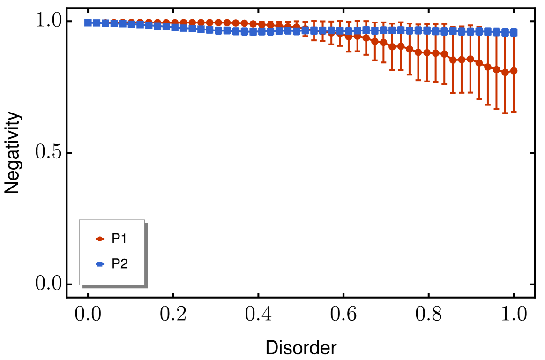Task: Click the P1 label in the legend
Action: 119,239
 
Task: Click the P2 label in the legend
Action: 119,264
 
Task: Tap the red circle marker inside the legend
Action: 99,239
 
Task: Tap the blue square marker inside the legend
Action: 99,264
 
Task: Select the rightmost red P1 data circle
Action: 514,71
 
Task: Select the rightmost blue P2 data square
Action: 514,32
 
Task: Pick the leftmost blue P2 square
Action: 88,22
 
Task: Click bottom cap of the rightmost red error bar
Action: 514,112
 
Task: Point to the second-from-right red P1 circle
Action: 505,72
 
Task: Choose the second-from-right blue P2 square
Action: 505,32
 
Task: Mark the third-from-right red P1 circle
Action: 496,69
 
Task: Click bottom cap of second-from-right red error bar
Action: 505,113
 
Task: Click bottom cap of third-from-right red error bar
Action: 496,109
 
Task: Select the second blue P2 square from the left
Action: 97,22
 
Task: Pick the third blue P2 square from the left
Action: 105,22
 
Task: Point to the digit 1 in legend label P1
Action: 124,239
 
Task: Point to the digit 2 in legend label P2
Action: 124,264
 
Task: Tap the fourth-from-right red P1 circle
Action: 487,67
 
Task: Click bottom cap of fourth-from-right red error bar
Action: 487,105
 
